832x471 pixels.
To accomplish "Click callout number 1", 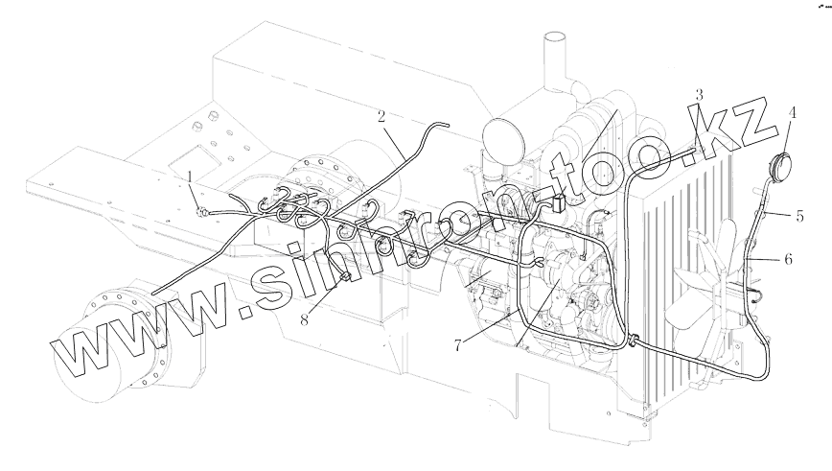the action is [192, 177].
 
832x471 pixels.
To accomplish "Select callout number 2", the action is [381, 118].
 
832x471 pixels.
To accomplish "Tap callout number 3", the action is [699, 95].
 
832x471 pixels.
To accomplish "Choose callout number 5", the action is [799, 216].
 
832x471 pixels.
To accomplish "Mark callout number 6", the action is [788, 259].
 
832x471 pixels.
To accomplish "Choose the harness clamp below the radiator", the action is [633, 338].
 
